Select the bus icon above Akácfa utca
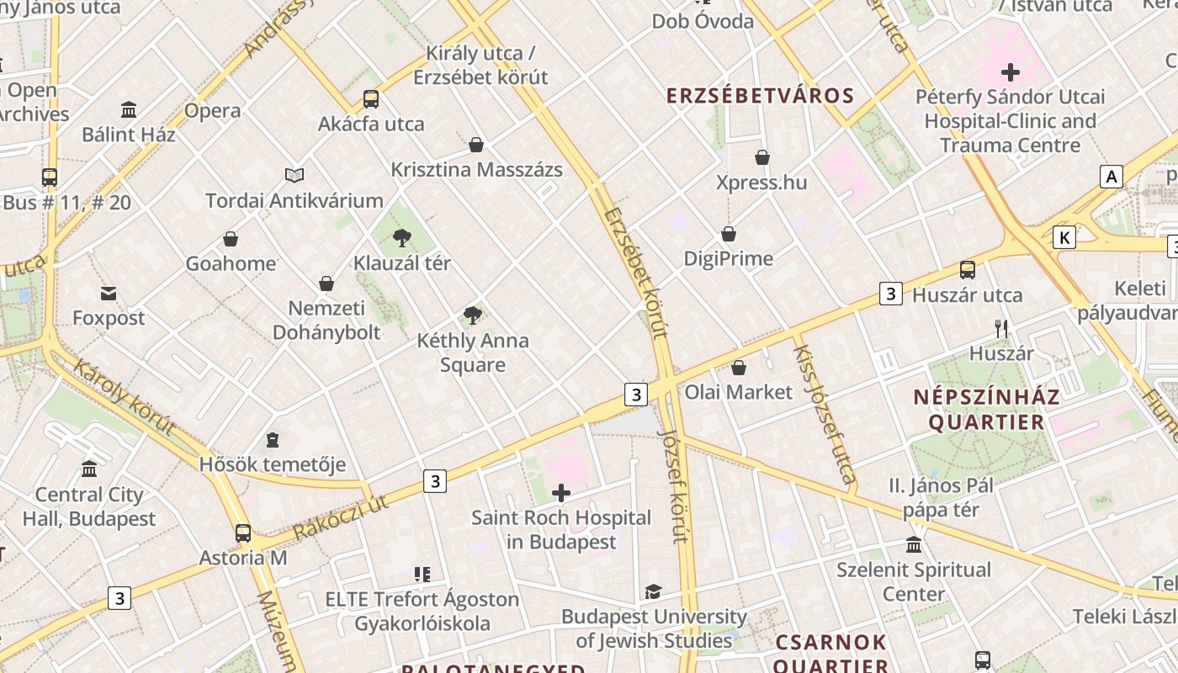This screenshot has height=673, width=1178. tap(371, 99)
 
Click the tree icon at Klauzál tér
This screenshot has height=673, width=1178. tap(402, 238)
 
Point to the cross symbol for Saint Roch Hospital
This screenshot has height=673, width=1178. tap(561, 493)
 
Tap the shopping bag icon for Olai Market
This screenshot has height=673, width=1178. tap(739, 368)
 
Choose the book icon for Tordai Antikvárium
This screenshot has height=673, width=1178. tap(294, 175)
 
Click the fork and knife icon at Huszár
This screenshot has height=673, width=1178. tap(1001, 329)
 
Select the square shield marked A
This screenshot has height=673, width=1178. tap(1112, 177)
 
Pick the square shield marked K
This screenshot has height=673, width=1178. tap(1064, 238)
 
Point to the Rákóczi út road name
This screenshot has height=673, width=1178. tap(341, 517)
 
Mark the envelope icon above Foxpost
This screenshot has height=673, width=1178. tap(109, 294)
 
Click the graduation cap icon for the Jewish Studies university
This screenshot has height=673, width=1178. tap(653, 591)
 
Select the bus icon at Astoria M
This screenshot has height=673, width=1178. tap(243, 533)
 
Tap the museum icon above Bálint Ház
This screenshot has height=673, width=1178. tap(129, 109)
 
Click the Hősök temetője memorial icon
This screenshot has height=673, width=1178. tap(273, 440)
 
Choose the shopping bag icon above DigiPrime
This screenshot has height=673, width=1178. tap(729, 234)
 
